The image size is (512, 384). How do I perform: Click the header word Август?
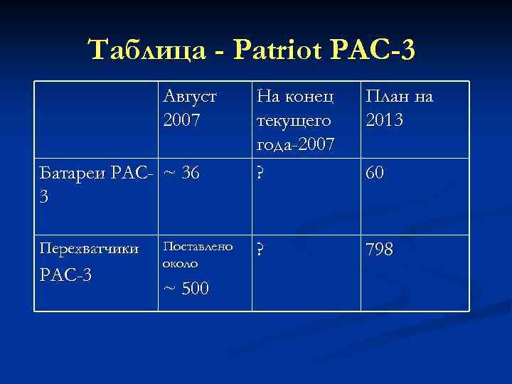(189, 95)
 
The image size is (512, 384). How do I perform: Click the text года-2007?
(297, 145)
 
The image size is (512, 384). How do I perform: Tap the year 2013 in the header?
(384, 119)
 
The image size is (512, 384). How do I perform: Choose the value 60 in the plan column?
(376, 171)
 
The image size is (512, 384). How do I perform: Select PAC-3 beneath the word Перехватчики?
(66, 275)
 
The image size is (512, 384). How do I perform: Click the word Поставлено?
(197, 246)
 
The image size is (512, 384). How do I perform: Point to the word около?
(181, 262)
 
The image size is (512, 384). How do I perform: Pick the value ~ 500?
(186, 289)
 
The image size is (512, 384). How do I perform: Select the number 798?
(380, 250)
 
